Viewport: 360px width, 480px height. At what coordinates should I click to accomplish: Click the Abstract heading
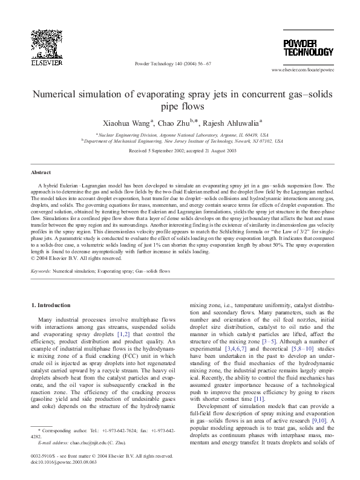coord(41,172)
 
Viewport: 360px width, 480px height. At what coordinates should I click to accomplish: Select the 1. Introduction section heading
coord(56,307)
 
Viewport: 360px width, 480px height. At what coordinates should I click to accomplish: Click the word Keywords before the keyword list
coord(41,272)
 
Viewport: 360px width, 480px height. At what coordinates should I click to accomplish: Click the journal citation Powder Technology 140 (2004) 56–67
coord(172,63)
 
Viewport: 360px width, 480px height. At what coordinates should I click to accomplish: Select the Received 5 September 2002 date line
coord(180,150)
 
